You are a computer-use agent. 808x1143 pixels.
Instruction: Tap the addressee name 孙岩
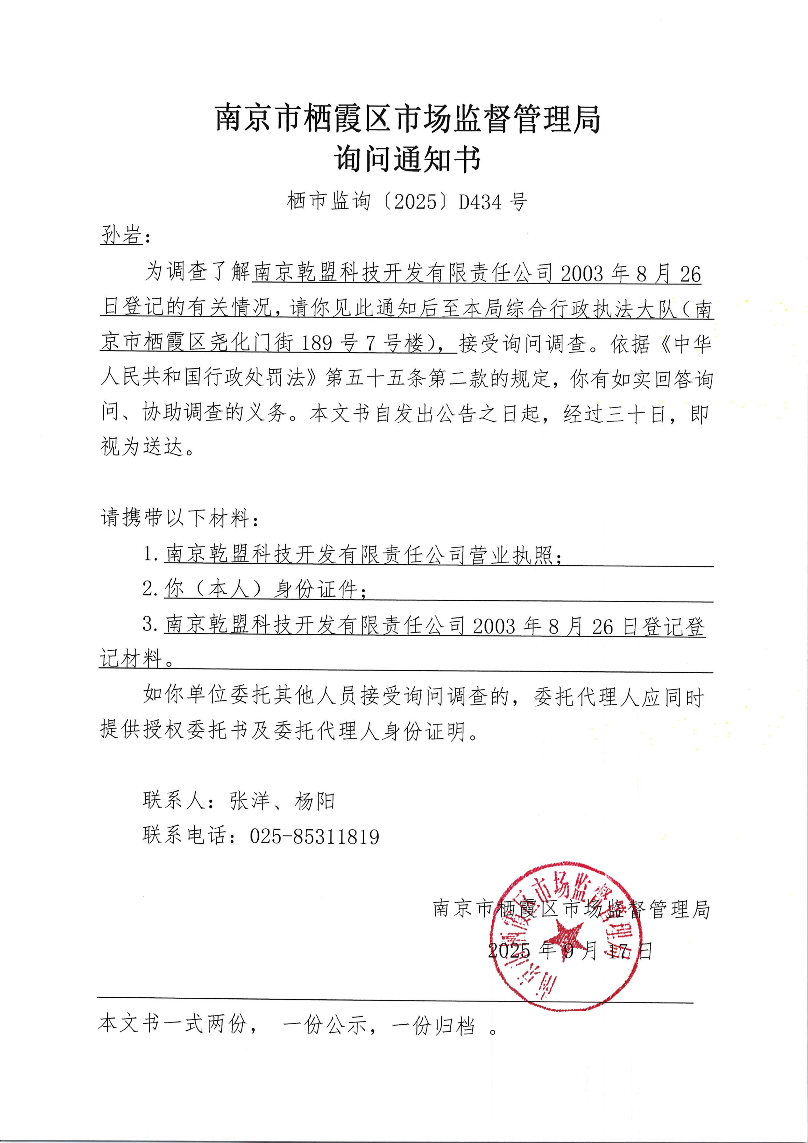[121, 234]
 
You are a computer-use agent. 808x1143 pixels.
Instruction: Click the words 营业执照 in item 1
[510, 555]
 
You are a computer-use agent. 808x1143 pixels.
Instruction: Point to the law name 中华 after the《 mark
[692, 343]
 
